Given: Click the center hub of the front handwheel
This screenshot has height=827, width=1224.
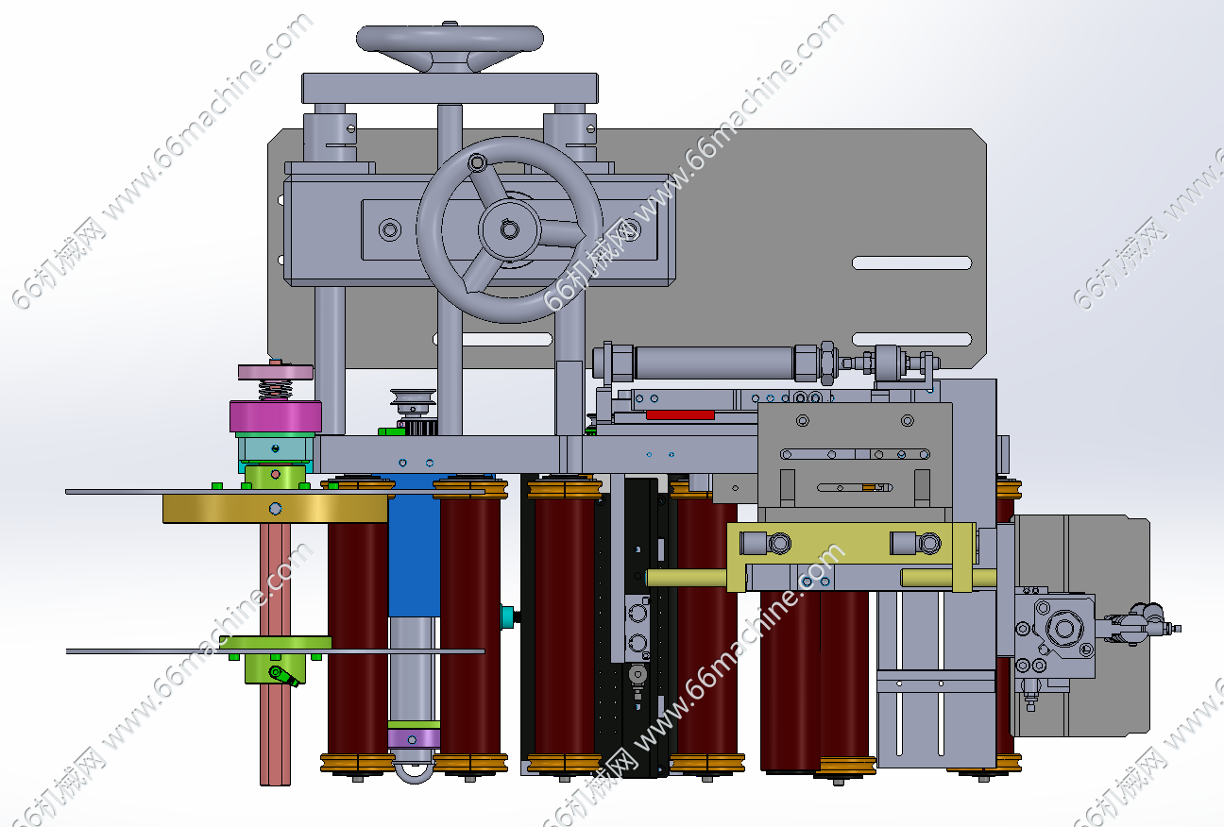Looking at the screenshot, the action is click(509, 229).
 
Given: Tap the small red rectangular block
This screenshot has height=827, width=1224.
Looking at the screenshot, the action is click(680, 415).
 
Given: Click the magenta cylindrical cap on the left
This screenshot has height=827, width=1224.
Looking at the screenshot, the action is click(276, 416).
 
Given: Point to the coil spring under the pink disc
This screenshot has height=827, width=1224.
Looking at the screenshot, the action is click(275, 390).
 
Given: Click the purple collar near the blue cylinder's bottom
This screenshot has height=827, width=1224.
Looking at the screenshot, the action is click(414, 739).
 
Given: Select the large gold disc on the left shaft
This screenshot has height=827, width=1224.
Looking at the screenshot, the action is click(276, 509).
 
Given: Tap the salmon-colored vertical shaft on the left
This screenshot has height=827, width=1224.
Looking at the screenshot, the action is click(275, 654).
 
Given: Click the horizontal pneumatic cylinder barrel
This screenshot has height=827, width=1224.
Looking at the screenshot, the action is click(715, 363).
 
